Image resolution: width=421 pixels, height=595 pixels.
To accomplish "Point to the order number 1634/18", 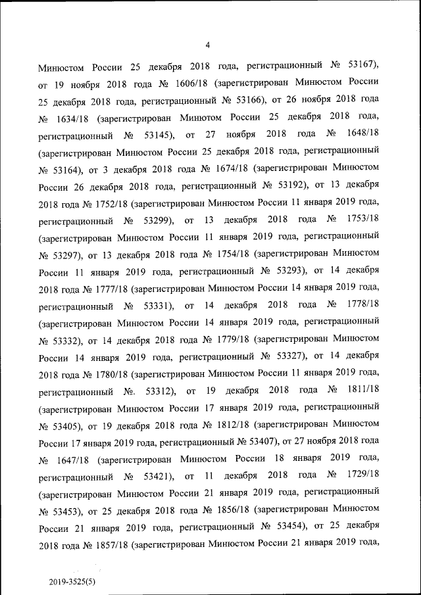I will (72, 118).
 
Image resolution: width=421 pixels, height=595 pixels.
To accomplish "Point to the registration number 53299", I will (156, 220).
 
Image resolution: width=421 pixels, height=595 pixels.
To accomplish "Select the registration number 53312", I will (157, 391).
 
